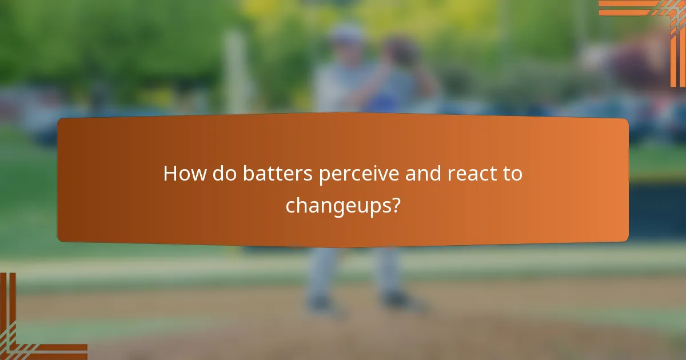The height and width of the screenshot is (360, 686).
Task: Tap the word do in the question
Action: click(225, 174)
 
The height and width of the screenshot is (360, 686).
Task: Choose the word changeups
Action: click(337, 205)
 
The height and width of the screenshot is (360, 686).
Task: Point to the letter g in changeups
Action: click(344, 207)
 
